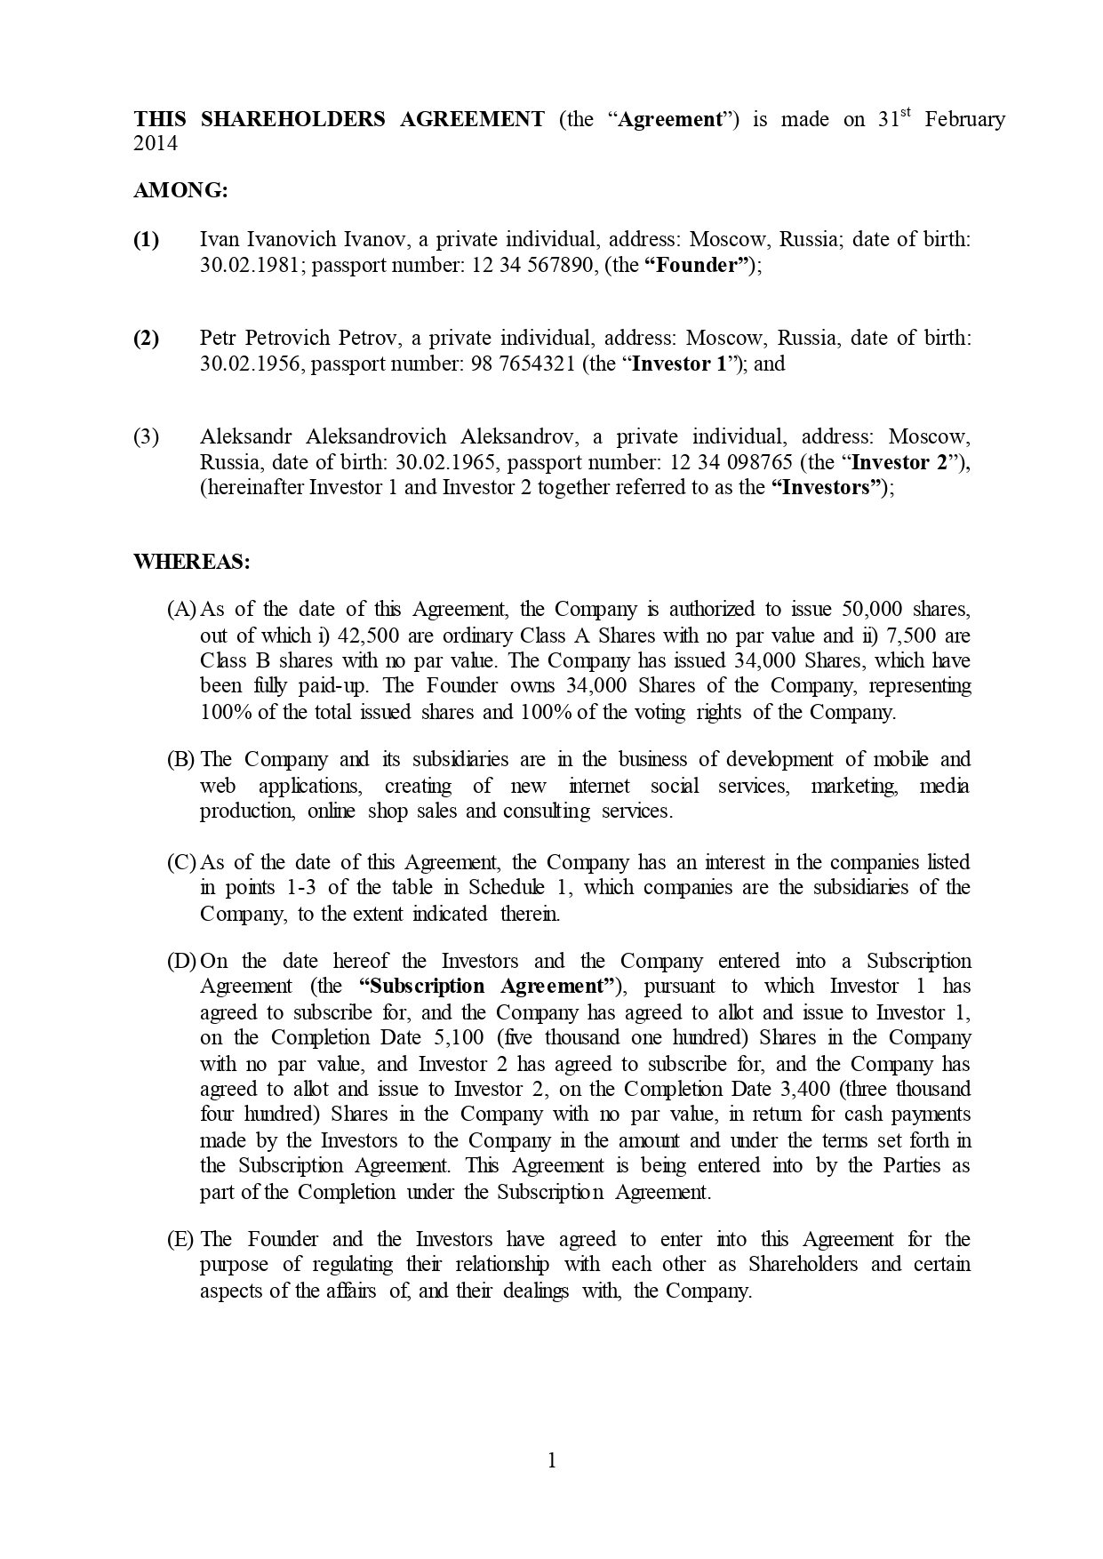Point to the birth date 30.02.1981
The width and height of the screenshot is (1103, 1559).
[253, 265]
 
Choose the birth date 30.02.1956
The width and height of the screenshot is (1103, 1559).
[253, 364]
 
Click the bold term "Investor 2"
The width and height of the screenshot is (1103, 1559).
[905, 462]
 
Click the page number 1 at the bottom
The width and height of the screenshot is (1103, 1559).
[552, 1460]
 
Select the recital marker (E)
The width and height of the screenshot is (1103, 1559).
[180, 1240]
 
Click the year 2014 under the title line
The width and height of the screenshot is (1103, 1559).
[156, 144]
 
